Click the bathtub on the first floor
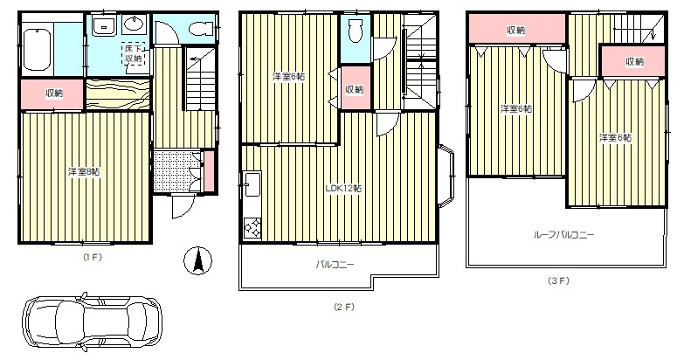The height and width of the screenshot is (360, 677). click(x=38, y=49)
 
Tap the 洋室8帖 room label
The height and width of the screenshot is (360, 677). click(x=84, y=172)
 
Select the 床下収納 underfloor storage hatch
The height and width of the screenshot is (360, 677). click(x=134, y=53)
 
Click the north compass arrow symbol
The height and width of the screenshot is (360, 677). click(x=197, y=261)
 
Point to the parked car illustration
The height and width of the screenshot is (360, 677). click(x=92, y=322)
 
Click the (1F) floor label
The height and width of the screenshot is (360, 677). click(x=93, y=257)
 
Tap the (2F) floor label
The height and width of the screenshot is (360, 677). click(x=344, y=307)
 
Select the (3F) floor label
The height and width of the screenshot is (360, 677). click(x=559, y=280)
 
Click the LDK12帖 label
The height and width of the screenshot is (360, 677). click(x=343, y=189)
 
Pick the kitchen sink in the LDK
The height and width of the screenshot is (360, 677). click(x=252, y=184)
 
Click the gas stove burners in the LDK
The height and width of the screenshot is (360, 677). click(x=252, y=227)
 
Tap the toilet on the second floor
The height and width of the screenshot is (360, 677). click(x=356, y=31)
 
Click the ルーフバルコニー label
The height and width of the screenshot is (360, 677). click(x=564, y=235)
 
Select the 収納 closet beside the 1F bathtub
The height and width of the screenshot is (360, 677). click(x=52, y=93)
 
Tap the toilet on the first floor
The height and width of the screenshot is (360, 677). click(x=199, y=29)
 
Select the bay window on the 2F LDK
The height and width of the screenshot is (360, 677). click(x=446, y=177)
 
